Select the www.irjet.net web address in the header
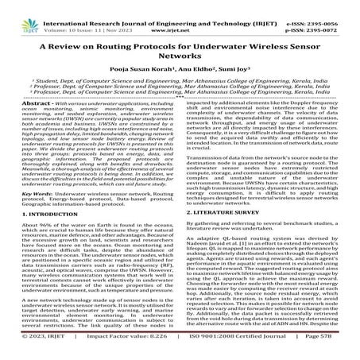click(x=182, y=14)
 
